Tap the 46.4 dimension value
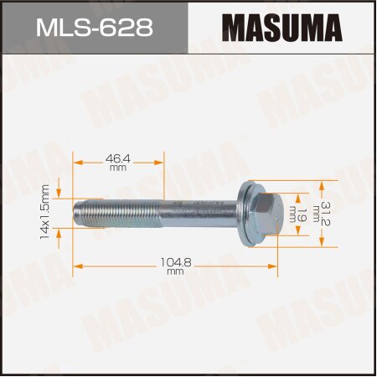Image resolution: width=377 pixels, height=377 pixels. click(117, 156)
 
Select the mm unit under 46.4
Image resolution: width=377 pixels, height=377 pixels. click(117, 168)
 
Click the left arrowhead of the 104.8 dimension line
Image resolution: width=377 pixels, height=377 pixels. click(78, 266)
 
